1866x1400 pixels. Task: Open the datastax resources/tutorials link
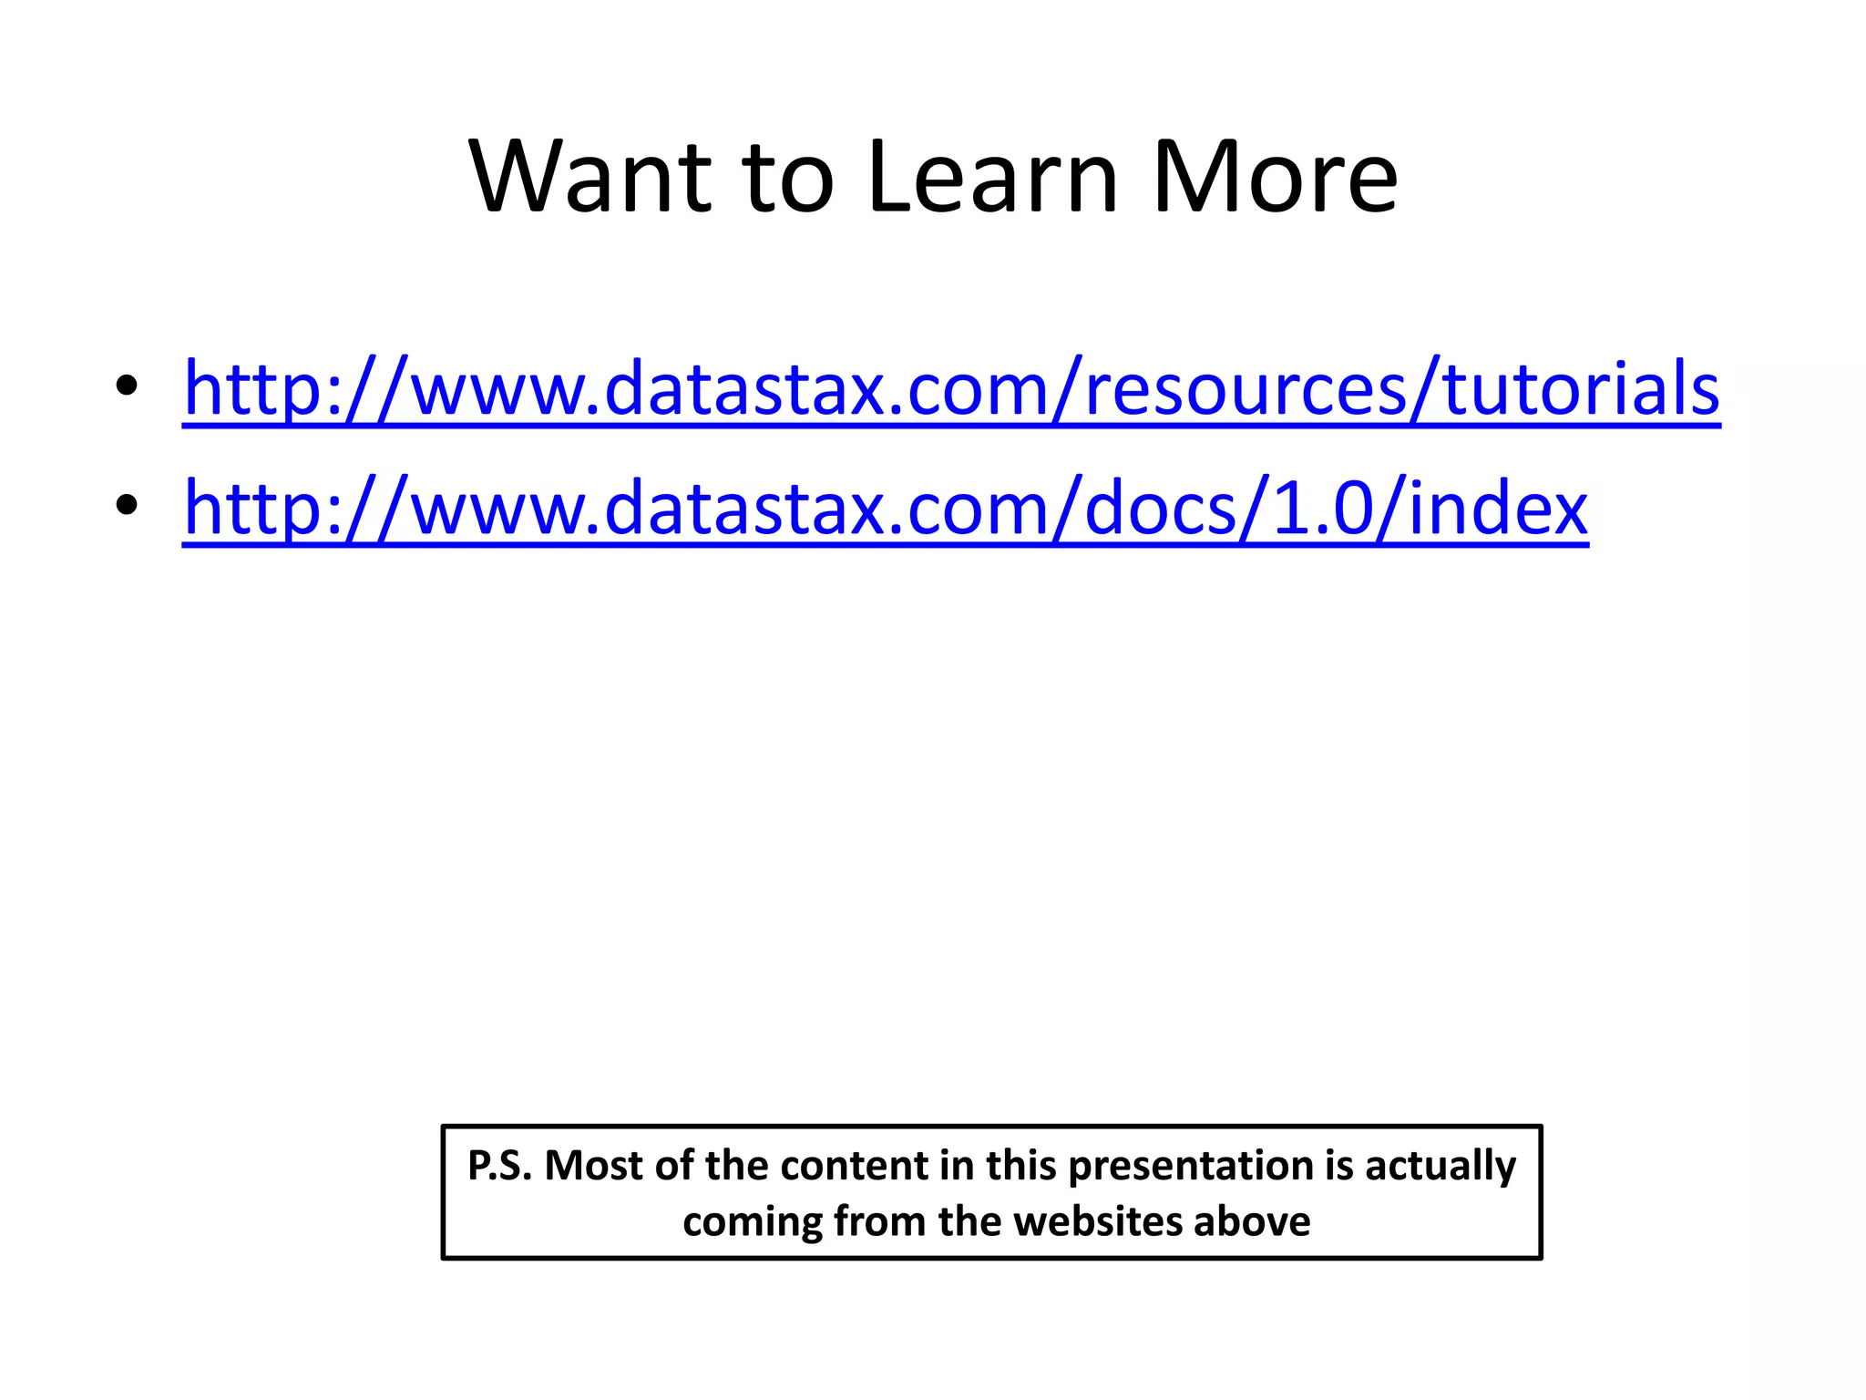click(x=951, y=389)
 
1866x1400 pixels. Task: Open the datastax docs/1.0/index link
click(x=886, y=510)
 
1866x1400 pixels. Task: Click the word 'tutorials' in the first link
click(x=1582, y=389)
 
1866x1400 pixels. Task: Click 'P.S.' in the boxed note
click(x=499, y=1167)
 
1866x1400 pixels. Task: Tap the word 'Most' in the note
click(x=595, y=1167)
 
